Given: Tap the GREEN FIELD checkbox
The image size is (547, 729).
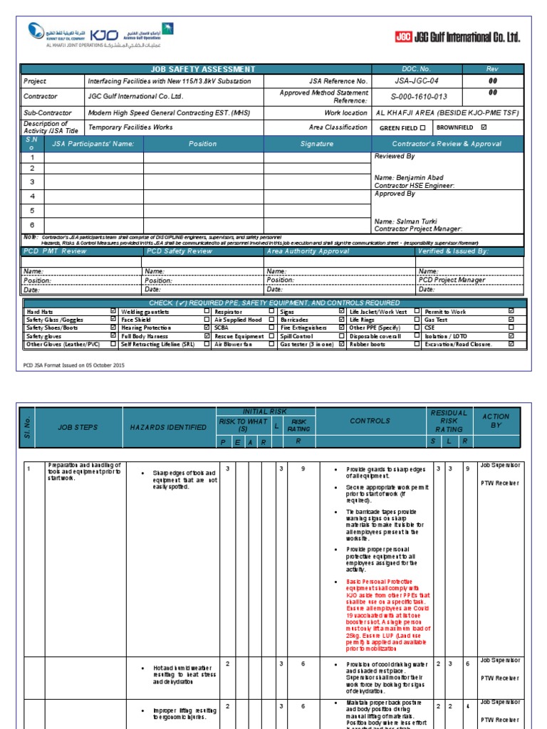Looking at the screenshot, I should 422,127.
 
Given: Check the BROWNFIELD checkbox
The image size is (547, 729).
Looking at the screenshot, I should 484,127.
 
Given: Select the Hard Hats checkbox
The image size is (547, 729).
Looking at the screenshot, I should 113,312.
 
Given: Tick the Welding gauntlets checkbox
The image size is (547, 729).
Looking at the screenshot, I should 207,312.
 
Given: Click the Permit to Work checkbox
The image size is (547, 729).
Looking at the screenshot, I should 511,312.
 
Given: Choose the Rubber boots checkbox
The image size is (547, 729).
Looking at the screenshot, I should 417,344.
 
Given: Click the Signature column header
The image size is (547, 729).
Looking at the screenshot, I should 317,144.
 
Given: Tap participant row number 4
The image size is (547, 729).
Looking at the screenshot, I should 32,196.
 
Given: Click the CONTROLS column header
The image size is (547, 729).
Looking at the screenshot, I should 370,421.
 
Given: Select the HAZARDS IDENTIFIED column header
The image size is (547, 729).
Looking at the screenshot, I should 168,427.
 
